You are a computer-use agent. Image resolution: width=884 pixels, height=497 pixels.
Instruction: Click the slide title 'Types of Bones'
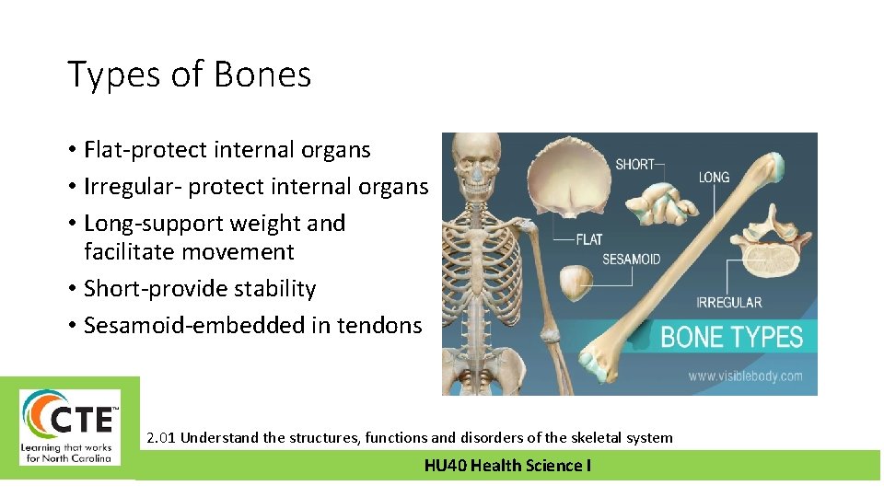tap(189, 75)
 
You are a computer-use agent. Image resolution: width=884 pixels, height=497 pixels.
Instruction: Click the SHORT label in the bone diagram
tap(634, 165)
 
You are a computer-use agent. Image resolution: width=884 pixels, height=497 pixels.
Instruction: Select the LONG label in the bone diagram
tap(714, 177)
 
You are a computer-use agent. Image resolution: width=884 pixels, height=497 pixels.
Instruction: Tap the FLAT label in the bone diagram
tap(588, 239)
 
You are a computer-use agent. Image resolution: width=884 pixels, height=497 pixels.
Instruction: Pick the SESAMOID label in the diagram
tap(631, 260)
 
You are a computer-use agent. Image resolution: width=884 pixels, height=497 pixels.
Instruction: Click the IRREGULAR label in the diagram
tap(729, 302)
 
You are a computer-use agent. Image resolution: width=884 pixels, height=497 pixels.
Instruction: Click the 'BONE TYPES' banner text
tap(732, 337)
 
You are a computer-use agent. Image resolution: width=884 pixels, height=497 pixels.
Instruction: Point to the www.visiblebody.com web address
tap(745, 376)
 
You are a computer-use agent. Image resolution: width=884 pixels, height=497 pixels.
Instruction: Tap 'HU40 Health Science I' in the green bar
tap(507, 466)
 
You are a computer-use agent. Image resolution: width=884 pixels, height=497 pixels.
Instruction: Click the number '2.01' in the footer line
tap(161, 437)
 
